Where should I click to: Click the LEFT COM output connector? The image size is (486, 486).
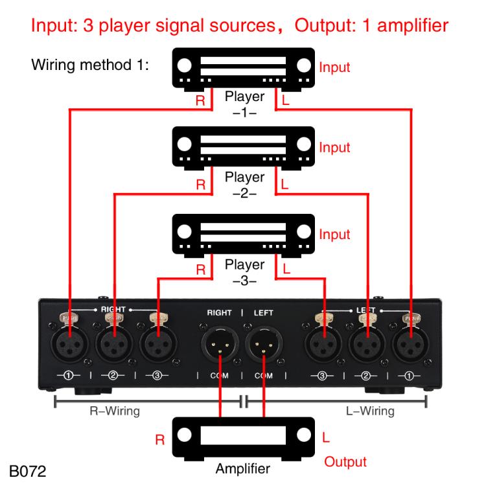coord(264,343)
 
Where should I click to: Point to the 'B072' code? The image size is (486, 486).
coord(28,468)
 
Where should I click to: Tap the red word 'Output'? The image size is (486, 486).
coord(345,461)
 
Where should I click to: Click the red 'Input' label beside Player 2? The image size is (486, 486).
coord(334,147)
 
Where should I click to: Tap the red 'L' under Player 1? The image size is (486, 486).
coord(285,102)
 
